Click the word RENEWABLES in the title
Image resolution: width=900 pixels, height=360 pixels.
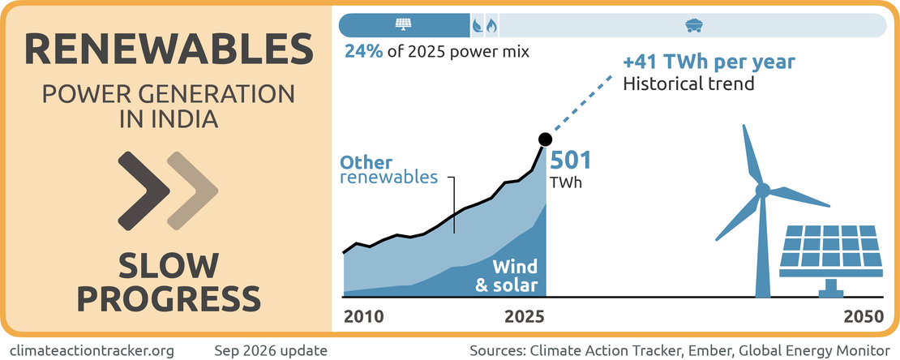pyautogui.click(x=169, y=49)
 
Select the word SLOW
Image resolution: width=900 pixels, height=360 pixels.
pyautogui.click(x=169, y=267)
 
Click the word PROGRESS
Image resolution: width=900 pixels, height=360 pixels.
pyautogui.click(x=169, y=299)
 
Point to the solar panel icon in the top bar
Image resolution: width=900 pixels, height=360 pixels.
pyautogui.click(x=403, y=24)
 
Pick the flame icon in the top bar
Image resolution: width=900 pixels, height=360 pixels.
pyautogui.click(x=491, y=25)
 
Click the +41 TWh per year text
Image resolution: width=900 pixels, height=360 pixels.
pyautogui.click(x=709, y=62)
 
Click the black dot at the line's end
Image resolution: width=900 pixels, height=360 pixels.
pyautogui.click(x=546, y=139)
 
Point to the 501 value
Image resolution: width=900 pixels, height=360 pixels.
pyautogui.click(x=571, y=161)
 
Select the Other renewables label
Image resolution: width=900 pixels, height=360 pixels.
pyautogui.click(x=389, y=169)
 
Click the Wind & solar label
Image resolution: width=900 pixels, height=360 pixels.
pyautogui.click(x=507, y=276)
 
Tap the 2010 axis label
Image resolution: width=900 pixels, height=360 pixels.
pyautogui.click(x=364, y=317)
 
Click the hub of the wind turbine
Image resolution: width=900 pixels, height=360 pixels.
pyautogui.click(x=762, y=190)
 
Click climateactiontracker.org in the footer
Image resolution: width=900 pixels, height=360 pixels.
pyautogui.click(x=92, y=349)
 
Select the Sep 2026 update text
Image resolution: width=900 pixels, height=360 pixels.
pyautogui.click(x=271, y=349)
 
